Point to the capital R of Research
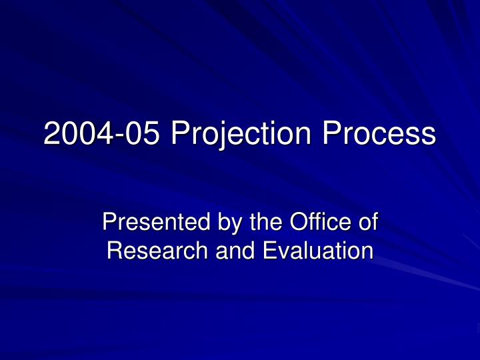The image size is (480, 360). click(114, 251)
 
